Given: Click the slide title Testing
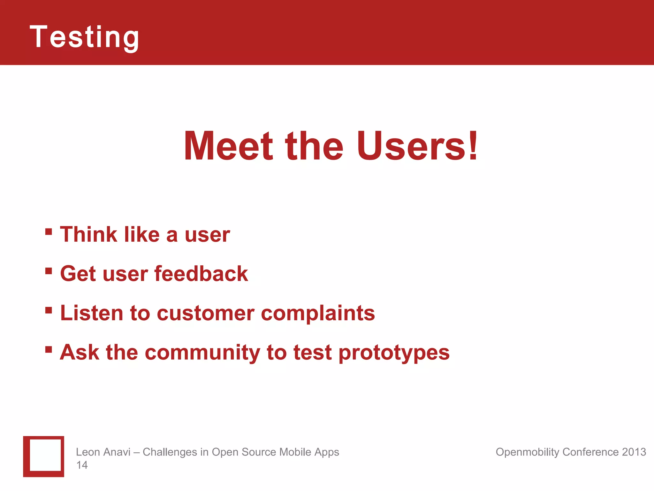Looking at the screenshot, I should (84, 37).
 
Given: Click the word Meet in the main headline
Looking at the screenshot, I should (229, 146).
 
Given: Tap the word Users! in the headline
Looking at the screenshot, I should (417, 146).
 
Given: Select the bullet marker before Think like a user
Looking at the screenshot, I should (49, 231).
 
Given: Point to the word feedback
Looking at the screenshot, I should (201, 274).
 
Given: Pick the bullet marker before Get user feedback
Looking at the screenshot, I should (49, 271).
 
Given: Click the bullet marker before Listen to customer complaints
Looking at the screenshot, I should (49, 310).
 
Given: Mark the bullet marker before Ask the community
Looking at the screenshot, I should (49, 349).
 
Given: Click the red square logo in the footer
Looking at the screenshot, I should (44, 456).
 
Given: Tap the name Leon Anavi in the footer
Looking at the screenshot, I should (103, 452).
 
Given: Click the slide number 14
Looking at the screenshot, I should (82, 465).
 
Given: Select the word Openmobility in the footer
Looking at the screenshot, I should (527, 452).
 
